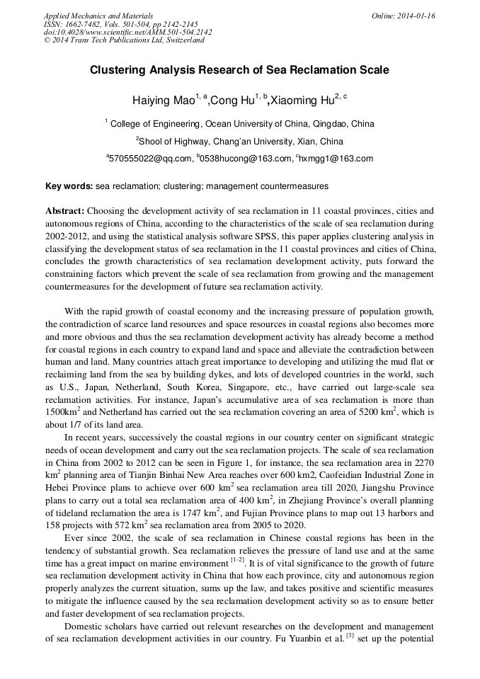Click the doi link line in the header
(x=127, y=32)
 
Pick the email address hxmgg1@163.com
(x=336, y=159)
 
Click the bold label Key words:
(x=69, y=187)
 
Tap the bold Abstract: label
(x=65, y=211)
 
